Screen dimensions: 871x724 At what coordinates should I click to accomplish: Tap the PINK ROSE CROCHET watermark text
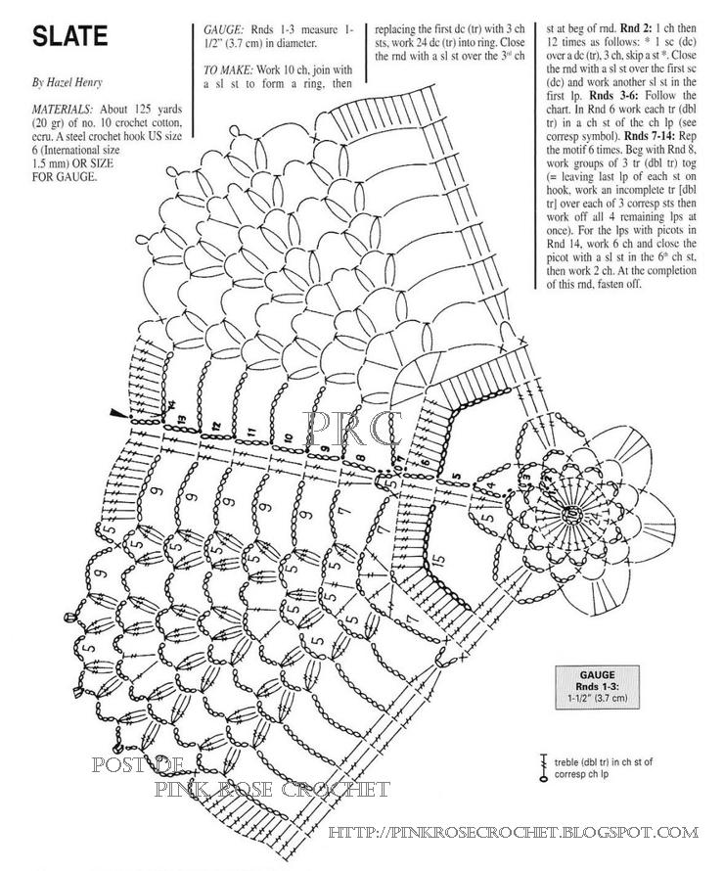point(273,789)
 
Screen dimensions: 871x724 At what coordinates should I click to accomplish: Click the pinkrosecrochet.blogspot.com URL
point(513,833)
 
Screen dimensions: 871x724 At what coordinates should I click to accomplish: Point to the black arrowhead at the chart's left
point(119,416)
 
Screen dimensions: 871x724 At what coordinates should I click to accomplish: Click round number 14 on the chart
point(170,405)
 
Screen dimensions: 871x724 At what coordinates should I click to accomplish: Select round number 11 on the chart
point(252,431)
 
